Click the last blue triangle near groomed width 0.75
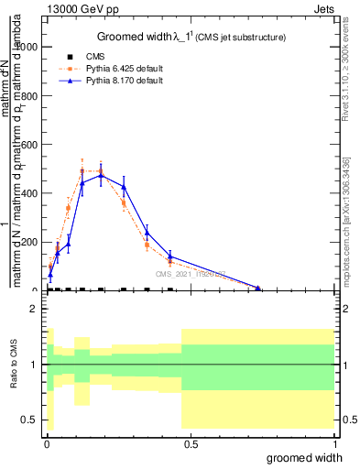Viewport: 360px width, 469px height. [258, 289]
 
